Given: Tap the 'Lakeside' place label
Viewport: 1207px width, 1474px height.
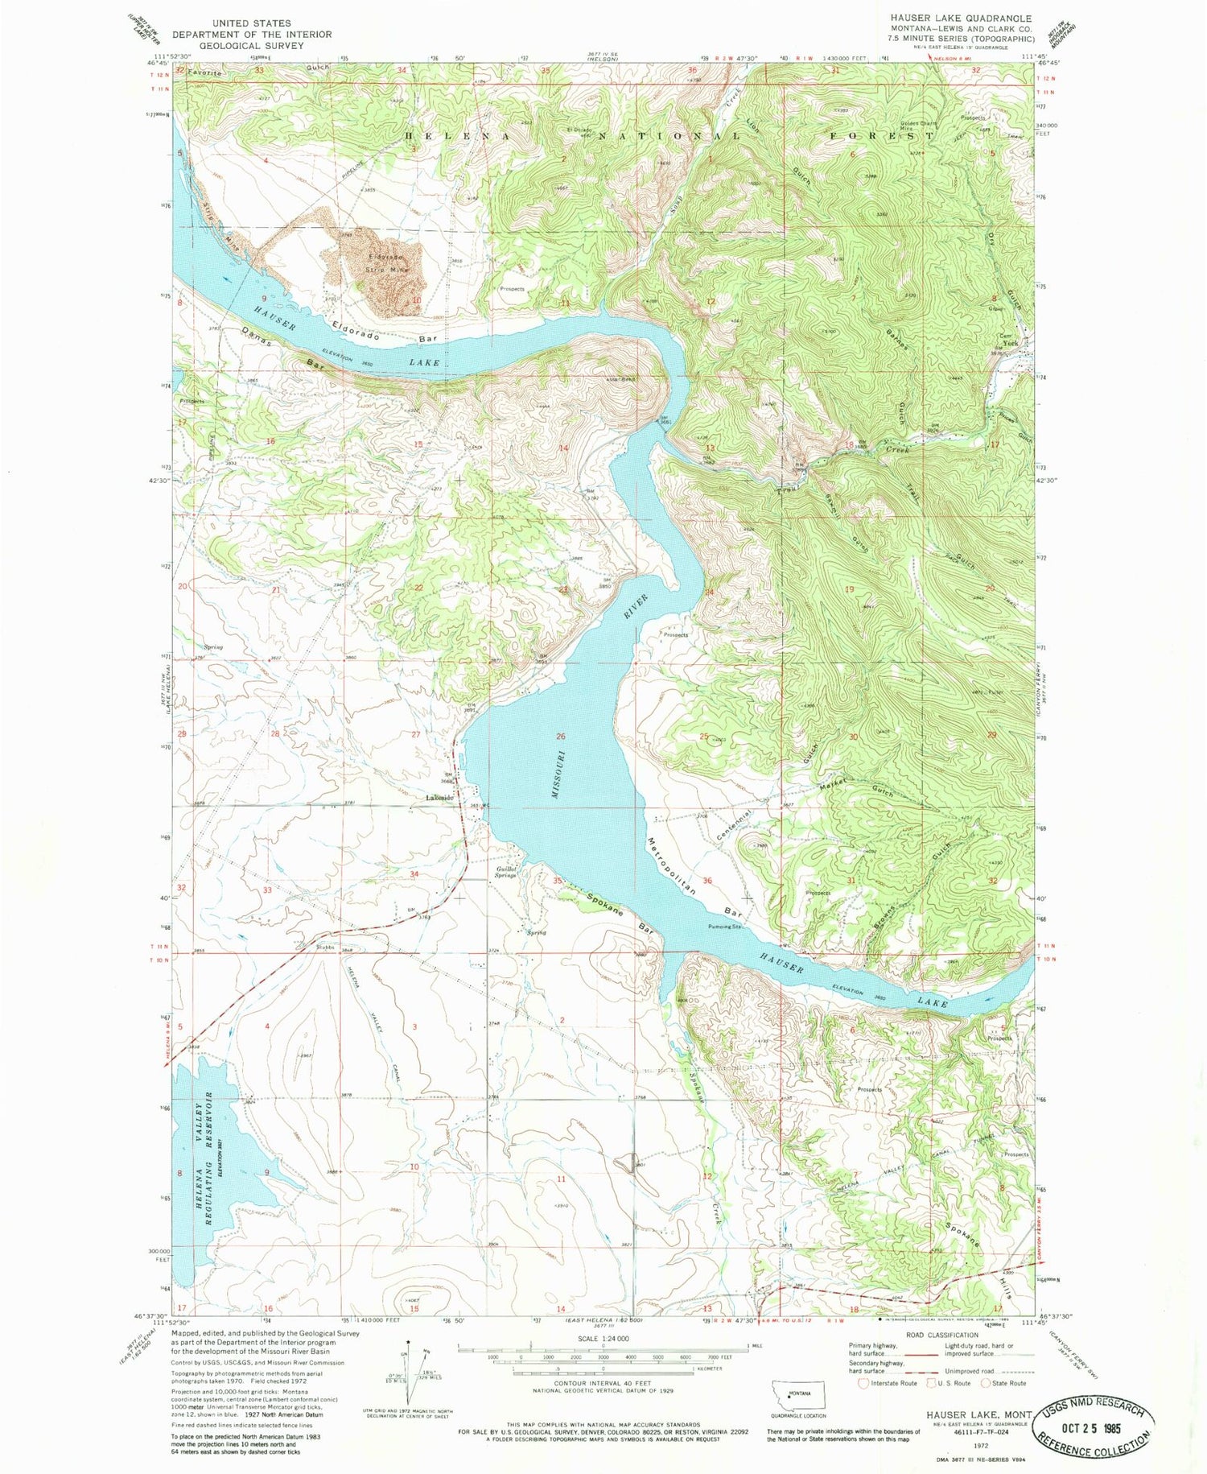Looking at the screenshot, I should coord(439,798).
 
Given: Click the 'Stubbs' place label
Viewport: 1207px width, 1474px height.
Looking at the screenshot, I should coord(324,948).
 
